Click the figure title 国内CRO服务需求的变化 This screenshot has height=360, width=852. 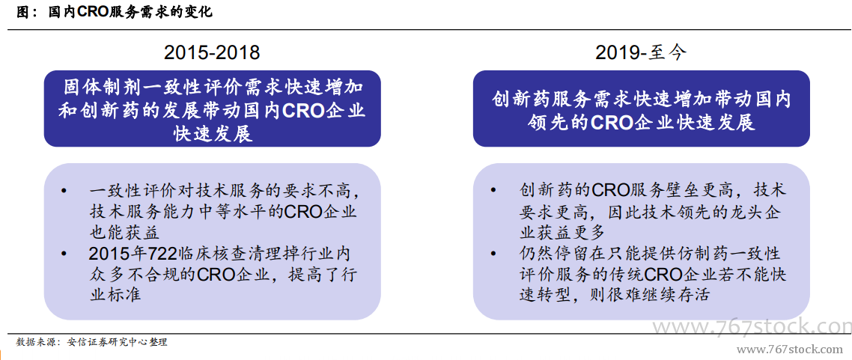(130, 12)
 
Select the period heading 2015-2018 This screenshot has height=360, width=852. (212, 52)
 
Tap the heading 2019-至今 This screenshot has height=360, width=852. (641, 52)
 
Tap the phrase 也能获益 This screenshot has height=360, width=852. (117, 233)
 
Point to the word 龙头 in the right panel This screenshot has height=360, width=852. (742, 213)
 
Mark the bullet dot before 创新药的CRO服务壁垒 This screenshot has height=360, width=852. (493, 192)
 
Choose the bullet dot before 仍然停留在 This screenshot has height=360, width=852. (493, 254)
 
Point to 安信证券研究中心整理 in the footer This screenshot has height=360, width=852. (117, 342)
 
